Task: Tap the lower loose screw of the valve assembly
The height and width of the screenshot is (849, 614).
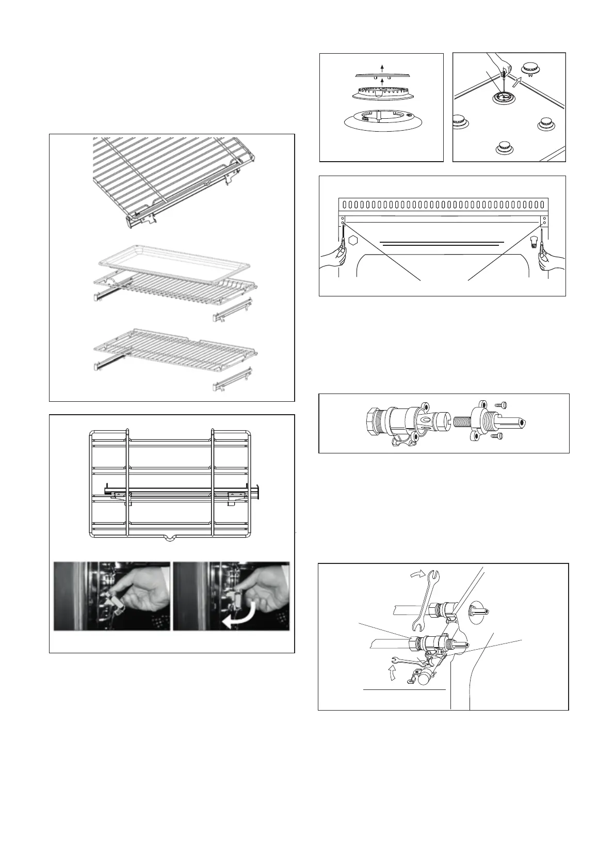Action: (x=496, y=436)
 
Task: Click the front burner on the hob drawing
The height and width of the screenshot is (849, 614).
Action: (x=505, y=148)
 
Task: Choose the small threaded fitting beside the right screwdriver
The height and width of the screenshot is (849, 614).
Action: (x=534, y=240)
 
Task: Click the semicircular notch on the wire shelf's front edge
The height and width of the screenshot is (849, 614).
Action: (x=169, y=539)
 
